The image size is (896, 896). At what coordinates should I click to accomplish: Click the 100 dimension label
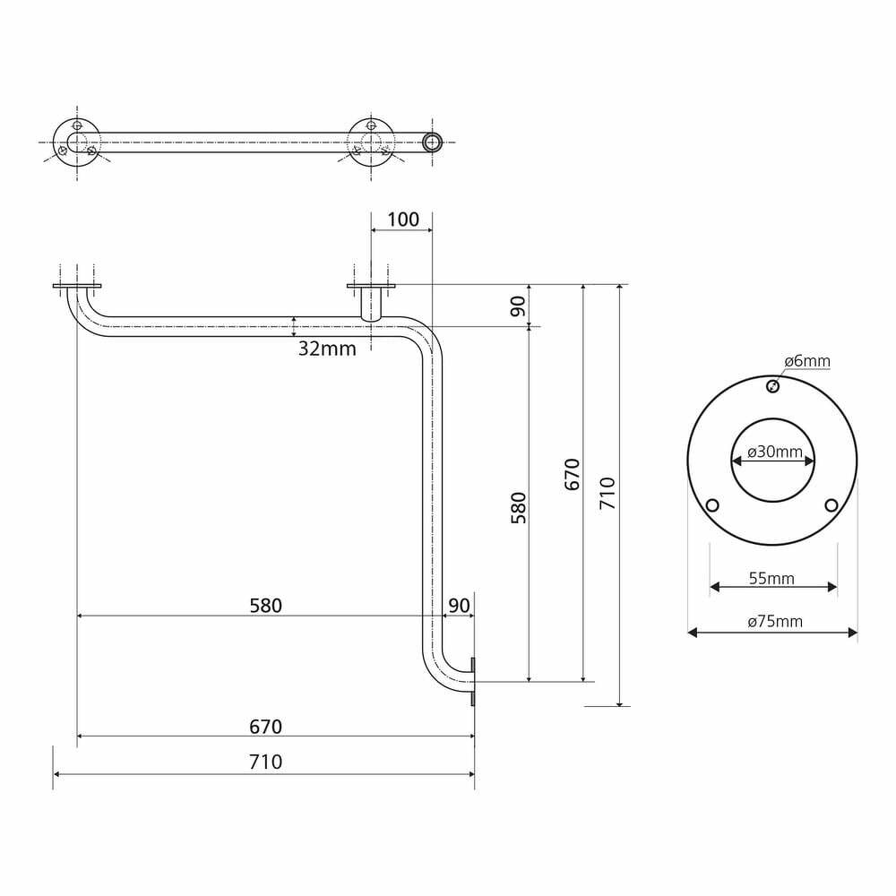(403, 220)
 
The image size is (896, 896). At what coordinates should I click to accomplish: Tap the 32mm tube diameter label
(327, 349)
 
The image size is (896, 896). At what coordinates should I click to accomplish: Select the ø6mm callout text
(807, 361)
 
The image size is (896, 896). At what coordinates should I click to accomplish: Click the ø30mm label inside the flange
(774, 452)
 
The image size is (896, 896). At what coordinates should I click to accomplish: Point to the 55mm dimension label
(771, 578)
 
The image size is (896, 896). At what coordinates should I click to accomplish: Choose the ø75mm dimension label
(775, 621)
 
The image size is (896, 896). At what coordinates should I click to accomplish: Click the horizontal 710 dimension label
(266, 762)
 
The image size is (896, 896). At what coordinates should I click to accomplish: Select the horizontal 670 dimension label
(266, 727)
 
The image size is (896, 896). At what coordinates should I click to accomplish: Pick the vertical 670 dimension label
(572, 474)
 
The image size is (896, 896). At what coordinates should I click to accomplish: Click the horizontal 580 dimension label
(266, 606)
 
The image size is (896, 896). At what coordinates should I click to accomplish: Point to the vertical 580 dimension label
(518, 507)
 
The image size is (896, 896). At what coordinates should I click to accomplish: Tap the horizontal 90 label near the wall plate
(459, 606)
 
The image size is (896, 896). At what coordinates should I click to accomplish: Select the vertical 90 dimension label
(518, 306)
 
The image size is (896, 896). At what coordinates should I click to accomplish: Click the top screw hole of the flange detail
(772, 387)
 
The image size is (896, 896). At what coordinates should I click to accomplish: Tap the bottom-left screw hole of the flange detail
(712, 505)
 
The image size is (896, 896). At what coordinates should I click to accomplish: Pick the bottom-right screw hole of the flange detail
(831, 505)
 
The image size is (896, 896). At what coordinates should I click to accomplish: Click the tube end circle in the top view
(433, 142)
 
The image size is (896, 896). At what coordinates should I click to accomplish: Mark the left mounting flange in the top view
(76, 142)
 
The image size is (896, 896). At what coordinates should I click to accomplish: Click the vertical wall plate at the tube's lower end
(473, 682)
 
